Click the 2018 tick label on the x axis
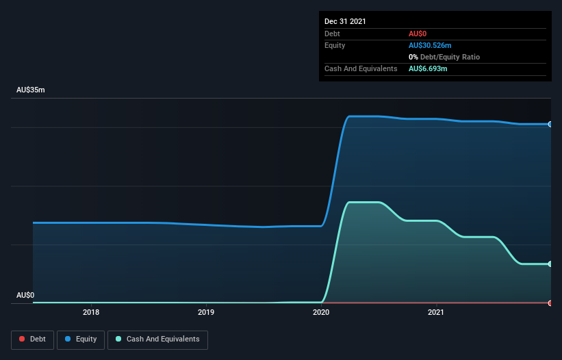click(x=91, y=313)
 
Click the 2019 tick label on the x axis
click(x=206, y=313)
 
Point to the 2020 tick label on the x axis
click(x=321, y=313)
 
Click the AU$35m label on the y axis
click(x=31, y=90)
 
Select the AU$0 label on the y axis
click(x=25, y=295)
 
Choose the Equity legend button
click(x=80, y=339)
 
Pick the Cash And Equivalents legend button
click(x=157, y=339)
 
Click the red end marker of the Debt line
click(x=550, y=303)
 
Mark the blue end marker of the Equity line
click(x=550, y=124)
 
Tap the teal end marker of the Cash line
click(x=550, y=263)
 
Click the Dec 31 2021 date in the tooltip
click(x=345, y=21)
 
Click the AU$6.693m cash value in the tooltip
click(x=428, y=68)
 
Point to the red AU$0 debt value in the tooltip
click(x=418, y=34)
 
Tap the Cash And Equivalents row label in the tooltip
click(x=361, y=68)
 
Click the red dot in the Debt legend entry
click(x=22, y=339)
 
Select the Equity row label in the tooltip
click(x=335, y=45)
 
